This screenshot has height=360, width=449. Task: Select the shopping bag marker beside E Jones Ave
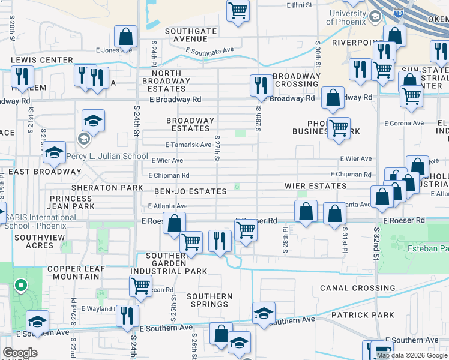pyautogui.click(x=126, y=37)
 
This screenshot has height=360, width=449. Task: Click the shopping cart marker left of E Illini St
pyautogui.click(x=238, y=11)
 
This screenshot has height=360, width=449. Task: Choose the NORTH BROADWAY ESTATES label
pyautogui.click(x=170, y=81)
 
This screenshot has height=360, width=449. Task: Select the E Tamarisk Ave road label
pyautogui.click(x=188, y=145)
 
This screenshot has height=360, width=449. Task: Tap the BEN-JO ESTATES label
pyautogui.click(x=191, y=191)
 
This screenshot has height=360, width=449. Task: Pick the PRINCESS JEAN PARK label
pyautogui.click(x=72, y=202)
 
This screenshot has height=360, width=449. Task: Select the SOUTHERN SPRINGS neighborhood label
pyautogui.click(x=209, y=300)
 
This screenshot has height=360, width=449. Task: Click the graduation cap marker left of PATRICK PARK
pyautogui.click(x=263, y=313)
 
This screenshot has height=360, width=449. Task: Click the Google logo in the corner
pyautogui.click(x=20, y=352)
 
